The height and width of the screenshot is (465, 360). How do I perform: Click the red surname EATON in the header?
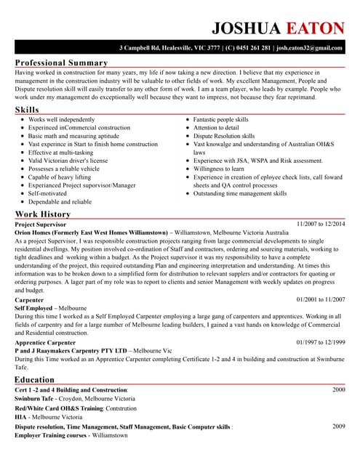tap(314, 28)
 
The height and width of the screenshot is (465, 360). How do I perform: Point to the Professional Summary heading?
tap(61, 62)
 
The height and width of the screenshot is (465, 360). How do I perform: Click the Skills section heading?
tap(28, 109)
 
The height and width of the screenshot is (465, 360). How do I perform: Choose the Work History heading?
tap(43, 214)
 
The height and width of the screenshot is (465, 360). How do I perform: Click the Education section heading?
tap(34, 379)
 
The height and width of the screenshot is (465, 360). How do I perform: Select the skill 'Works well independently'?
tap(61, 119)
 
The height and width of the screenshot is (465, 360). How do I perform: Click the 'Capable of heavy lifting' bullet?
tap(60, 177)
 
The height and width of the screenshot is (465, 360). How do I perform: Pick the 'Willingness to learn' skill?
tap(219, 169)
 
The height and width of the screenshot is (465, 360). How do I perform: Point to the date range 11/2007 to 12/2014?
tap(321, 225)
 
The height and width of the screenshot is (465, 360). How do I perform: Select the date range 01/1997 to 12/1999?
tap(321, 341)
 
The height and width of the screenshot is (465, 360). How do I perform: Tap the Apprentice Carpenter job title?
tap(45, 342)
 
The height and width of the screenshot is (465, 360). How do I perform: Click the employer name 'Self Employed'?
tap(33, 308)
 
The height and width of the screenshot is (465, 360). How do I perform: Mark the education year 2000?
tap(339, 390)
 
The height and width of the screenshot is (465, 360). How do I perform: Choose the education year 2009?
tap(339, 426)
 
